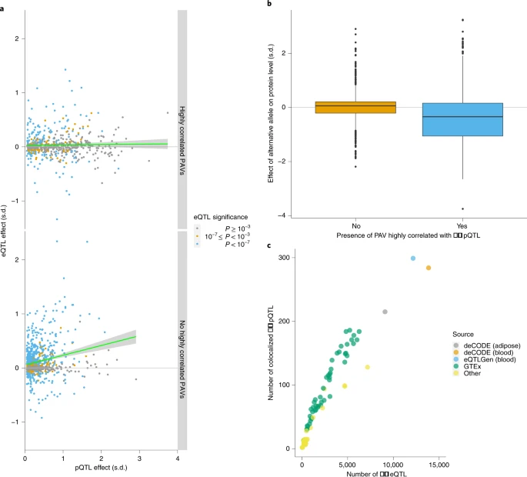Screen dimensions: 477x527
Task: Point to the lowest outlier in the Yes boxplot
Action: pyautogui.click(x=462, y=208)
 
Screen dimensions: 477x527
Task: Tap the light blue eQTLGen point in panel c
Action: pyautogui.click(x=413, y=259)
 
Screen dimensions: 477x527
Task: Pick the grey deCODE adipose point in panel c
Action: pyautogui.click(x=385, y=312)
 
